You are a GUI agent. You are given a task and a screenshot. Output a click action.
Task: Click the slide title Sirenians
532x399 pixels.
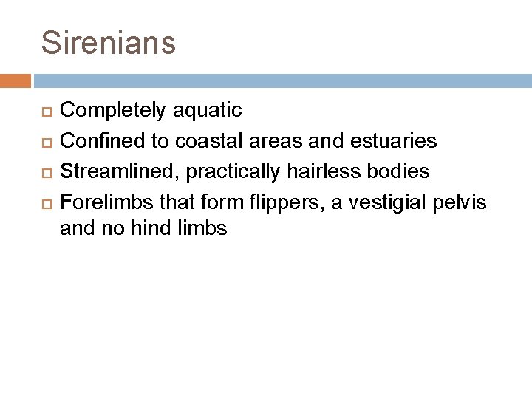pos(109,42)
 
